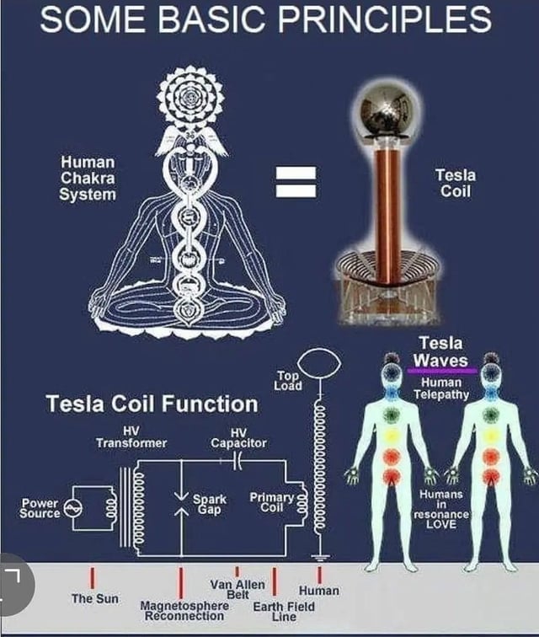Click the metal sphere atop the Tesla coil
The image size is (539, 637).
(x=389, y=110)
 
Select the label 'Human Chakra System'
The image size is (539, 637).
(x=88, y=177)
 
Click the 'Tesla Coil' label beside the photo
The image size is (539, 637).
(x=455, y=183)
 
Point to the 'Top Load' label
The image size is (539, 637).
(x=287, y=380)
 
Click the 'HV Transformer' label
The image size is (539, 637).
(x=131, y=436)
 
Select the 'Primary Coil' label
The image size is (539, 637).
(x=271, y=502)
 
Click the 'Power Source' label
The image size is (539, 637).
(x=40, y=507)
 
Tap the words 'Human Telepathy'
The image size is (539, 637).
(x=441, y=388)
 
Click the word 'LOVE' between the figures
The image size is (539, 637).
(x=440, y=524)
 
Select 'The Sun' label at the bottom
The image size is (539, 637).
(x=94, y=598)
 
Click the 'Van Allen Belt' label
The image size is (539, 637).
(x=237, y=590)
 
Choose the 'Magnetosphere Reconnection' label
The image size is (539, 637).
(x=184, y=610)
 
